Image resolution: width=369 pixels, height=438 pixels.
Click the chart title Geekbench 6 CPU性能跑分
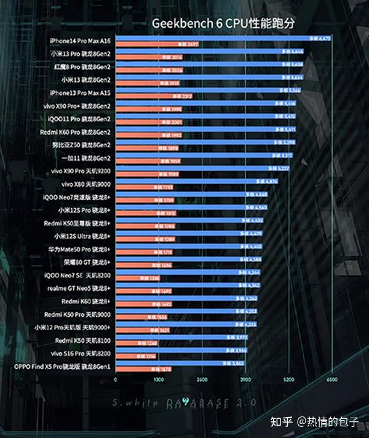click(x=224, y=23)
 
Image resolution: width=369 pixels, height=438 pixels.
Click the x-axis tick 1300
click(x=159, y=380)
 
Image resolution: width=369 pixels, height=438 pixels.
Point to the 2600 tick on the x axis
click(x=202, y=380)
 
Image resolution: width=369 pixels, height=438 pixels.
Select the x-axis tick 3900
click(x=245, y=380)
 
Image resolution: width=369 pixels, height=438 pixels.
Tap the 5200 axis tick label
click(x=288, y=380)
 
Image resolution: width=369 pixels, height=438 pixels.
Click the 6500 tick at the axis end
click(x=331, y=380)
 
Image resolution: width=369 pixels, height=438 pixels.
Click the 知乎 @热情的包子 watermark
click(x=315, y=422)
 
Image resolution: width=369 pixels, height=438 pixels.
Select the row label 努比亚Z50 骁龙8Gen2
click(x=81, y=145)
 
